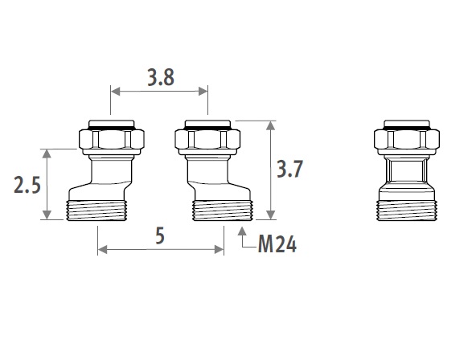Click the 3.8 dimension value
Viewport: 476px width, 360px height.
tap(161, 78)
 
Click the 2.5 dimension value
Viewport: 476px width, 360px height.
tap(27, 185)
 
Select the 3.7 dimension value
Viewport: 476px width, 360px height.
tap(289, 169)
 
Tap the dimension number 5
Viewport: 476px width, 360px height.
tap(160, 236)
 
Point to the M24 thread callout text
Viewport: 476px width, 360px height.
tap(277, 244)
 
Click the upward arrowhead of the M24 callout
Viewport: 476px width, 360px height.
tap(242, 231)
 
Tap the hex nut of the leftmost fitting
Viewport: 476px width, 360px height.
tap(112, 139)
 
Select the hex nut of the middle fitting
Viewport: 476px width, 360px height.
tap(207, 139)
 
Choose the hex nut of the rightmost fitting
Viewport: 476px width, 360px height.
tap(407, 139)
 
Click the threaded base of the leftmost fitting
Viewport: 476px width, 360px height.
tap(96, 211)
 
